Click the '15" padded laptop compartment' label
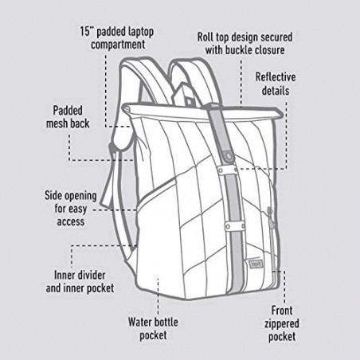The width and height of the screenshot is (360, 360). point(117,38)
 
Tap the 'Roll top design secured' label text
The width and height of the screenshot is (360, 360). point(245,37)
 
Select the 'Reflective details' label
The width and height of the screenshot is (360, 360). point(276,84)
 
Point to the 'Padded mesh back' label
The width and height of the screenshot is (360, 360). point(68,117)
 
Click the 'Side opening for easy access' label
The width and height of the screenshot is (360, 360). point(71,209)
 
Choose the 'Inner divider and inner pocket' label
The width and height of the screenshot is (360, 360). point(80,282)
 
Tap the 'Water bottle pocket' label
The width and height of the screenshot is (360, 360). point(153,328)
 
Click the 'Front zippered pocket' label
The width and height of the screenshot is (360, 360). point(282,323)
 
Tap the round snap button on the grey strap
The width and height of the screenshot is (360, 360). point(229,155)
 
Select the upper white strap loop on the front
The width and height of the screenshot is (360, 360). point(228,170)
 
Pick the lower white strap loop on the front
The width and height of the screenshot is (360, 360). point(235,226)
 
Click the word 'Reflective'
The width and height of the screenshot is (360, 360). point(276,77)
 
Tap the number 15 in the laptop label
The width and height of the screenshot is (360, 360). point(84,31)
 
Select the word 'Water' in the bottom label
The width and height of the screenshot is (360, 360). point(139,322)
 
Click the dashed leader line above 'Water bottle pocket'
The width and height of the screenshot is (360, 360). point(158,296)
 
